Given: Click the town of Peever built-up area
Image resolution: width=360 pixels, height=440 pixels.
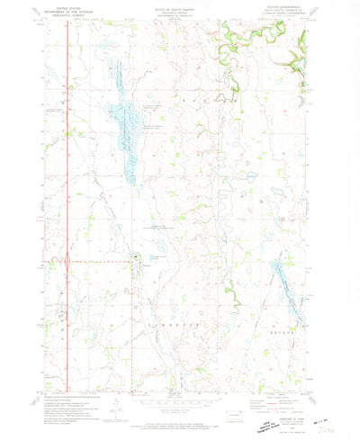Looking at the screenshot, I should (x=135, y=262).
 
